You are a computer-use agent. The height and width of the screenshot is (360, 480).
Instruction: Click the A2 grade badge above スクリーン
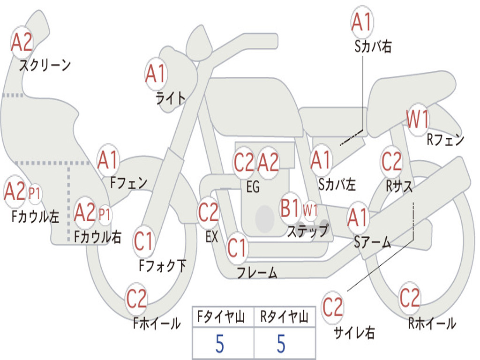point(22,42)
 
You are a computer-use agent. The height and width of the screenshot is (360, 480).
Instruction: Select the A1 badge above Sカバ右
point(362,22)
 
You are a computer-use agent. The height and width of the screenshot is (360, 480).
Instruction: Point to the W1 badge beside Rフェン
point(418,120)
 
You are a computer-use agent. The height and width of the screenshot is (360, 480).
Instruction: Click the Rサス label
point(399,186)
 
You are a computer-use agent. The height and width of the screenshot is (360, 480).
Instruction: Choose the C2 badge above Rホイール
point(409,297)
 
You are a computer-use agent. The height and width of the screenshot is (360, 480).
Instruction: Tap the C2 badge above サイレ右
point(333,307)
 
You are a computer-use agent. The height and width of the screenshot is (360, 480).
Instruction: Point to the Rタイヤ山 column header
point(285,318)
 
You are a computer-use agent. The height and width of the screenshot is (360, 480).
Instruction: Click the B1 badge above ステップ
point(291,208)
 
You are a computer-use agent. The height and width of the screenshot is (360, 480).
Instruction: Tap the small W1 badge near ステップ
point(310,210)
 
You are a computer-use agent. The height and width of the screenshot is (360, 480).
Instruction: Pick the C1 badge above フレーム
point(237,247)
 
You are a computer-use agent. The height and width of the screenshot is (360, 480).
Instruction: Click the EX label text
point(211,237)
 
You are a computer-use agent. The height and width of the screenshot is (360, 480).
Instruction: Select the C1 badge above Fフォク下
point(144,241)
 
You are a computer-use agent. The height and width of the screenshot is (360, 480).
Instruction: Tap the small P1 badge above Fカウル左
point(35,193)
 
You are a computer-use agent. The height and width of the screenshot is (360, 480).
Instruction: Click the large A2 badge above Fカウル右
point(85,212)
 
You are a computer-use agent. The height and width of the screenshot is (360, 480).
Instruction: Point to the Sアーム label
point(373,242)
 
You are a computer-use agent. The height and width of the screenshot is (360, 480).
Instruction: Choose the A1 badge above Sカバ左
point(322,160)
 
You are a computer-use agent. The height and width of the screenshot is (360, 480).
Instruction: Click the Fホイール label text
point(157,323)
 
